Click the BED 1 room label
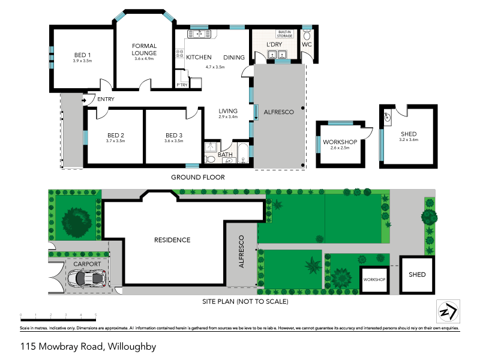(82, 53)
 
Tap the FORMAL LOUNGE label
(145, 49)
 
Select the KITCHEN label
(199, 58)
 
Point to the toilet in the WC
(307, 53)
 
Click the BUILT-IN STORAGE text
(284, 34)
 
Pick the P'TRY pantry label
(181, 85)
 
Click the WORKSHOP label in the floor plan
(340, 142)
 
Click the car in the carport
(88, 278)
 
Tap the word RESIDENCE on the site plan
(172, 240)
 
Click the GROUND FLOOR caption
(197, 178)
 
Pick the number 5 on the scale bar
(96, 314)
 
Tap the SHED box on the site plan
(417, 275)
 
